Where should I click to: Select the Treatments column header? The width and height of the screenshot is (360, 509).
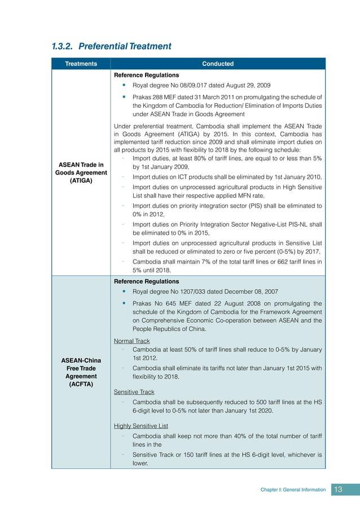click(x=81, y=64)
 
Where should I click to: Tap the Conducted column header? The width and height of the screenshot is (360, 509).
click(x=218, y=64)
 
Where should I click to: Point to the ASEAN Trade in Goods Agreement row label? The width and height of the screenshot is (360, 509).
click(x=81, y=173)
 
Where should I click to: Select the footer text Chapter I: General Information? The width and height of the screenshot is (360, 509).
click(x=293, y=490)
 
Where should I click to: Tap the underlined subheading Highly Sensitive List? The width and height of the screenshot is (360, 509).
click(x=141, y=425)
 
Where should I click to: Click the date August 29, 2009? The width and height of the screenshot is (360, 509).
click(x=246, y=85)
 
